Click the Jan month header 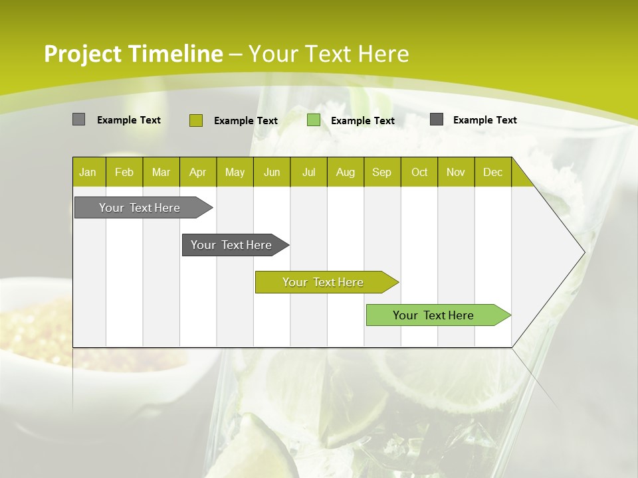coord(88,172)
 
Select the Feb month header coord(124,172)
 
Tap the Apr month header coord(197,172)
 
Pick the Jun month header coord(272,172)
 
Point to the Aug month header coord(346,172)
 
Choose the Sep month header coord(381,172)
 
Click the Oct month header coord(419,172)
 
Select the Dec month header coord(492,172)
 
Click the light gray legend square coord(79,119)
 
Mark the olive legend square coord(196,120)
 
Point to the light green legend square coord(314,120)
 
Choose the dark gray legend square coord(437,119)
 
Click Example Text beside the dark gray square coord(484,120)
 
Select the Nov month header coord(456,172)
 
